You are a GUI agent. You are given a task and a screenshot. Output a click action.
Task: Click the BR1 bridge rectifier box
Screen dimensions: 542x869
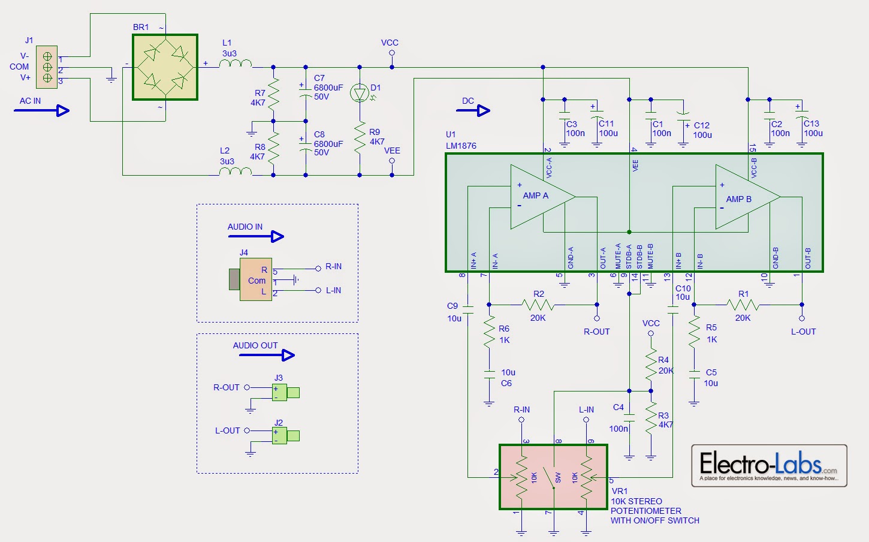click(165, 67)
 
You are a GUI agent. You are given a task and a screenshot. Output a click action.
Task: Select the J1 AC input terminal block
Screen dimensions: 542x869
click(47, 67)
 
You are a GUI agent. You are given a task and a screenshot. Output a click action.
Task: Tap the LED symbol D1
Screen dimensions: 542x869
click(360, 94)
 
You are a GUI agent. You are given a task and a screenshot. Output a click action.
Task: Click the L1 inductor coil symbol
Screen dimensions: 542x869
click(235, 64)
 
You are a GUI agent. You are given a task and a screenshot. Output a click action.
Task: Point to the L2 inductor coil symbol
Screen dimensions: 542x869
click(235, 171)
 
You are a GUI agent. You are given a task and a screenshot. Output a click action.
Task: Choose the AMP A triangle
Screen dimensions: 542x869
click(539, 196)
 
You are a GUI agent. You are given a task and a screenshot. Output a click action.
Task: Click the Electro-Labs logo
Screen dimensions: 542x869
click(769, 465)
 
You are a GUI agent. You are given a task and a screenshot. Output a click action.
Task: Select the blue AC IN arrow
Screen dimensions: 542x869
click(41, 110)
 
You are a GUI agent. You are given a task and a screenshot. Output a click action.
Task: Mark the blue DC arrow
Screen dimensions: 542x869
click(476, 110)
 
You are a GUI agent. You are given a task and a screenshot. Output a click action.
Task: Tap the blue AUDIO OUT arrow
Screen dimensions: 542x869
click(267, 355)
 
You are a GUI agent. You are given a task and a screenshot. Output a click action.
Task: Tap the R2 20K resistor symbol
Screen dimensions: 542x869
click(538, 305)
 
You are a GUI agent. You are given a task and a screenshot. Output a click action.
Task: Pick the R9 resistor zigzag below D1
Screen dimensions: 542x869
click(360, 137)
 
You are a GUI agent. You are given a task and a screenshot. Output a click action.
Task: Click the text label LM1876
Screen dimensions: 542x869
click(461, 146)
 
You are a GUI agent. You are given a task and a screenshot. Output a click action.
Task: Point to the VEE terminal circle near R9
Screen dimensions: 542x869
click(392, 160)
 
